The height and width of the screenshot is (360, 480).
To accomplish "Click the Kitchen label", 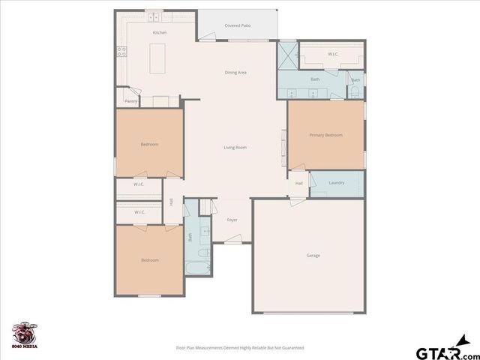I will (x=160, y=33).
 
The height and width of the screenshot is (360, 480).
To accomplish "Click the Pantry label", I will (x=130, y=100).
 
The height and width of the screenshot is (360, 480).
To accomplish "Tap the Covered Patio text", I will (x=238, y=25).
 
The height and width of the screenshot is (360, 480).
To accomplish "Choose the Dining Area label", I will (x=235, y=73).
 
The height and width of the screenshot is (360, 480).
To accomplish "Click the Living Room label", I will (x=235, y=147).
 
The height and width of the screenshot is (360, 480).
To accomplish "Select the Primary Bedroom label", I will (x=325, y=135).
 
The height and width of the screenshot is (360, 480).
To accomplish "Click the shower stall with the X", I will (x=288, y=55).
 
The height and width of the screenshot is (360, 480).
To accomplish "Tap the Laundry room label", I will (x=336, y=182).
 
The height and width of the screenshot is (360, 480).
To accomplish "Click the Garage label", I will (x=313, y=256).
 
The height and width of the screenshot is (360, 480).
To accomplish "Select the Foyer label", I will (x=232, y=220).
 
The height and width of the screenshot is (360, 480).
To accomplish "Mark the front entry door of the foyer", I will (x=234, y=242).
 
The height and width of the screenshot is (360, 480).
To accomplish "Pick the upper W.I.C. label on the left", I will (x=139, y=184).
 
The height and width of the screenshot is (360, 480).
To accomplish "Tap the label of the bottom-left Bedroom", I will (x=150, y=260).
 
